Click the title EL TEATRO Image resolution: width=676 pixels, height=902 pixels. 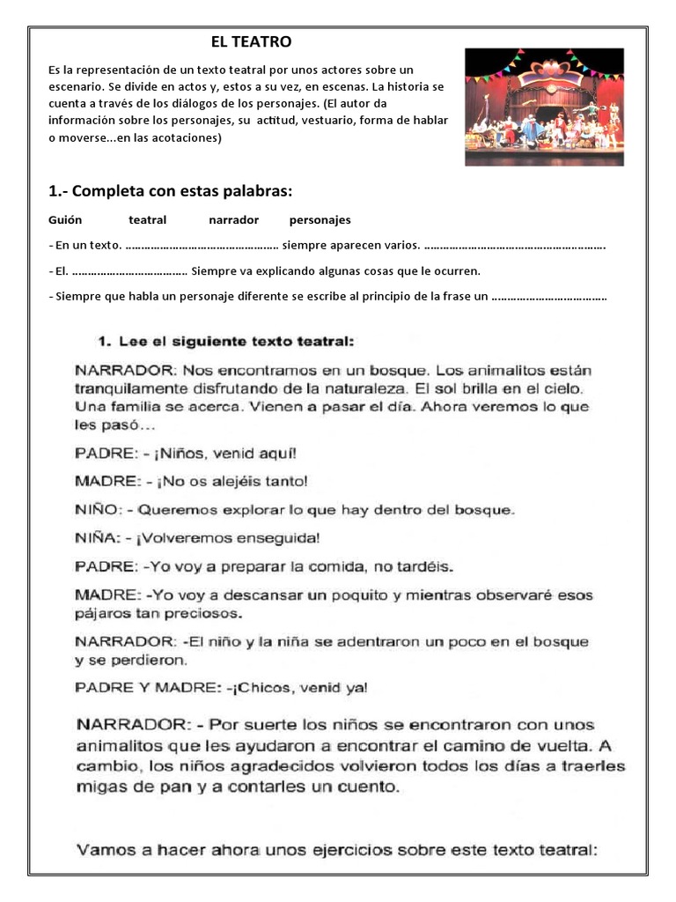click(x=251, y=41)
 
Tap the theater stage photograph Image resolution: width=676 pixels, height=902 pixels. click(x=544, y=106)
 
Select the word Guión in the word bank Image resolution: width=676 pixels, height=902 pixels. click(x=65, y=219)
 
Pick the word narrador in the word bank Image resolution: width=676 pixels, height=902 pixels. click(x=233, y=219)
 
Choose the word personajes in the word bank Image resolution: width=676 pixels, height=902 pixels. click(x=320, y=219)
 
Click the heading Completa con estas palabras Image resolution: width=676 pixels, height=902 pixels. click(x=170, y=192)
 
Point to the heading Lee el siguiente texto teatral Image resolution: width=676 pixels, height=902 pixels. click(x=225, y=340)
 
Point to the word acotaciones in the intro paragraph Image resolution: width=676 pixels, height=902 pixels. click(x=187, y=138)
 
